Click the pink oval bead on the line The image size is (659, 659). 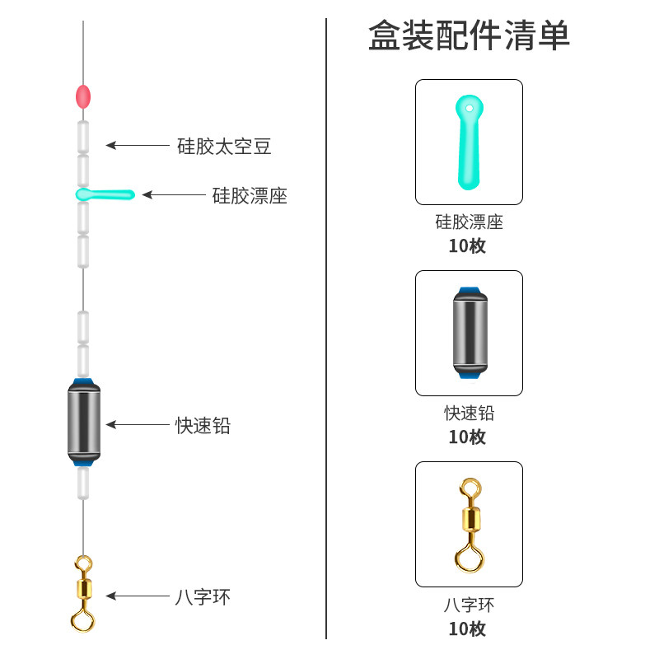82,97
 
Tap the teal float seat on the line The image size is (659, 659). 105,194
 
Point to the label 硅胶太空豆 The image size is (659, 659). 224,147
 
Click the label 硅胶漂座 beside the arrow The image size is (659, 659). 250,195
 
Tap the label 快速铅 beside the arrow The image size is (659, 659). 203,425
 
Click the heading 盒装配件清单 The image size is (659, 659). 469,36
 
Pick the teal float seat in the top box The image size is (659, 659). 468,142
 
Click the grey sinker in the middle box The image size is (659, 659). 469,333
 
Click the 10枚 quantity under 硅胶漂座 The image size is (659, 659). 467,245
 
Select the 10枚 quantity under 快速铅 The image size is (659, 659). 467,437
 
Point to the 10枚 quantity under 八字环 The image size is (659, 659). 467,629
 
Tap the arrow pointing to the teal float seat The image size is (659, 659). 173,195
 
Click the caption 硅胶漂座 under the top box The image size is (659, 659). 469,222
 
